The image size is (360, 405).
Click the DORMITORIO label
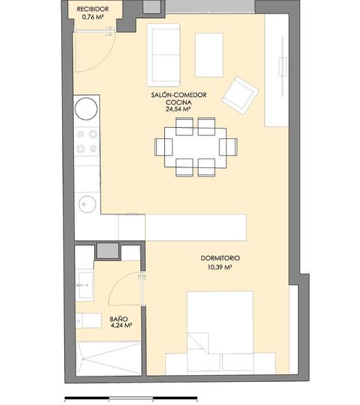tap(221, 259)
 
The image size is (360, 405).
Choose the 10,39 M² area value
tap(221, 268)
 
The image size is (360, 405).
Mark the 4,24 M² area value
tap(121, 327)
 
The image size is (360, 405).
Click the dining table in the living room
tap(195, 146)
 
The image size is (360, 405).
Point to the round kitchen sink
tap(87, 202)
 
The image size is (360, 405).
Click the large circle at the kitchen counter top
tap(87, 108)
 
